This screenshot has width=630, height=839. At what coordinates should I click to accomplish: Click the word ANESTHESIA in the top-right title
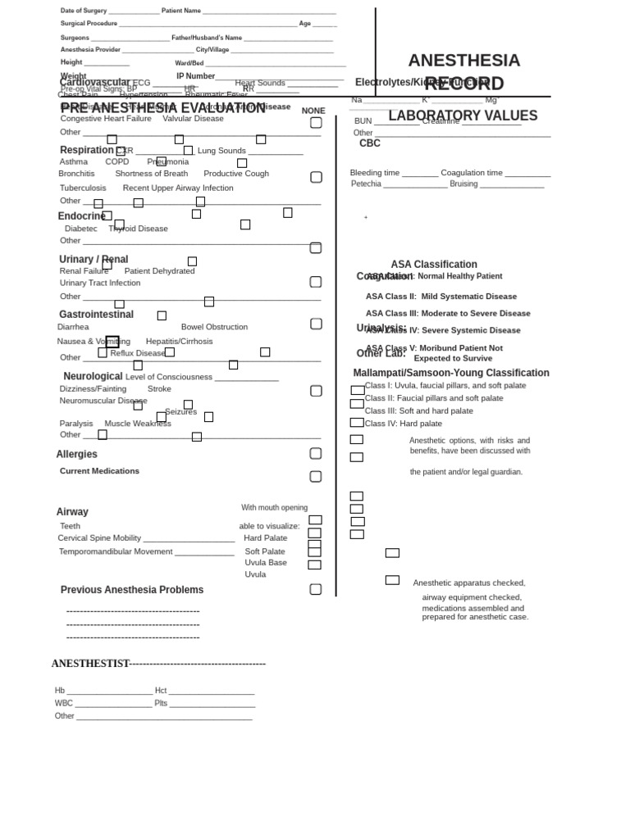click(x=463, y=61)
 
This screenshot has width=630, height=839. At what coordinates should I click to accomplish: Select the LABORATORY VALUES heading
click(x=463, y=116)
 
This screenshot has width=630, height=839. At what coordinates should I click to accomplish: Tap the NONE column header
click(x=313, y=111)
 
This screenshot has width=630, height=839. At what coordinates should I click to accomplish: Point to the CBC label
click(x=370, y=143)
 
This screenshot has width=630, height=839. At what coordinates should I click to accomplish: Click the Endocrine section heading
click(x=81, y=216)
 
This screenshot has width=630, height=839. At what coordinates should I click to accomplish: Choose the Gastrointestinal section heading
click(x=96, y=315)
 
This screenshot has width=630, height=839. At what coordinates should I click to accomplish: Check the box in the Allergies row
click(x=316, y=454)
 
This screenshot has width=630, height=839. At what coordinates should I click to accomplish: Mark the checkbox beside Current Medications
click(x=316, y=477)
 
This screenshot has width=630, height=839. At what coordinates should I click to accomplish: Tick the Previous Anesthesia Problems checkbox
click(x=316, y=589)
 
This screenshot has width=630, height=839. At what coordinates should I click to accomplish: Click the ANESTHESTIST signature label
click(x=90, y=664)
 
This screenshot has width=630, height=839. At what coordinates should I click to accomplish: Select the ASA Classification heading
click(x=434, y=265)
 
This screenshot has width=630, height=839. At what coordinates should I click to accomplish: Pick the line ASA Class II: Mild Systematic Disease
click(x=441, y=297)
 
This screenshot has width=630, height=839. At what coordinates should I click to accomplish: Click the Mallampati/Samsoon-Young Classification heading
click(x=451, y=373)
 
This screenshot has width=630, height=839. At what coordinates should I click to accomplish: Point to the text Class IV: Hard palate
click(x=403, y=424)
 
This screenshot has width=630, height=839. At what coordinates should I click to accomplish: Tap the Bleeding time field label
click(x=375, y=173)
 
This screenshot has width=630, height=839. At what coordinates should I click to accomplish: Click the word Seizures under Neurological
click(x=180, y=412)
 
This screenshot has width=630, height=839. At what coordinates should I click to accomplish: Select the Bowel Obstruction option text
click(x=214, y=327)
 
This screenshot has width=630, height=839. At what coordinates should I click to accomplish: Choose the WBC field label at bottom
click(x=64, y=703)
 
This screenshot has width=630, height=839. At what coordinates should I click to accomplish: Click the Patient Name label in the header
click(x=181, y=11)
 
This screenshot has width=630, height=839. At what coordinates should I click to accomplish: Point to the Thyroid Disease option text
click(x=138, y=229)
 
